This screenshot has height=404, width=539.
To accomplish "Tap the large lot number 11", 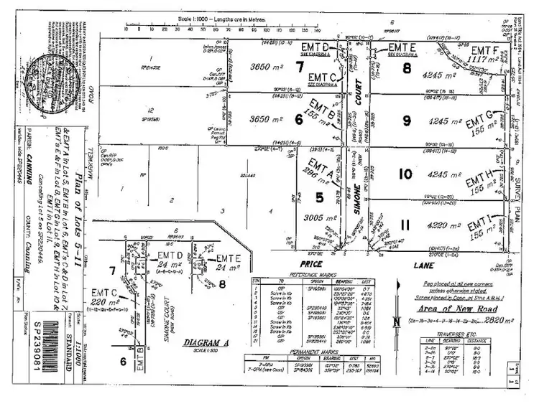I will click(x=405, y=225).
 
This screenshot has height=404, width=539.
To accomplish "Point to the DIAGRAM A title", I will click(x=206, y=343).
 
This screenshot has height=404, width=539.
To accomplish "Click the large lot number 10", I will click(x=405, y=175).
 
